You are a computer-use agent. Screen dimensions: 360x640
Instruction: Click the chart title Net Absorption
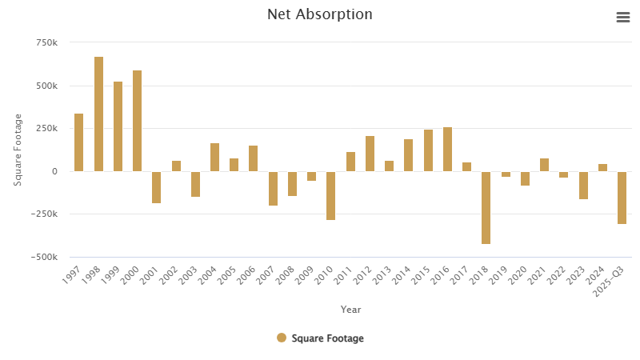coord(319,14)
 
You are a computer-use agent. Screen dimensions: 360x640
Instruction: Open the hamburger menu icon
coord(622,18)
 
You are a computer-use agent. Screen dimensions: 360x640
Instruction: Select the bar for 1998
coord(98,114)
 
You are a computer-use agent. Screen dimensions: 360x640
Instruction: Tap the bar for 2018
coord(486,207)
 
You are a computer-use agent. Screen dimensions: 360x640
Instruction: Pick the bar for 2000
coord(137,121)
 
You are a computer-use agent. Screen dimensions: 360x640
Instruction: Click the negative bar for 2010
coord(330,195)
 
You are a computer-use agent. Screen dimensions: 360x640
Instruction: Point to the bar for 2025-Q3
coord(622,198)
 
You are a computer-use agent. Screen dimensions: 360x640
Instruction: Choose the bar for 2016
coord(447,149)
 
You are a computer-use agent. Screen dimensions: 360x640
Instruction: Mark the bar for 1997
coord(78,142)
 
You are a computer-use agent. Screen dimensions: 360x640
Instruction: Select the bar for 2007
coord(273,188)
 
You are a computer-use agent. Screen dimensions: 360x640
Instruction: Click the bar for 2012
coord(370,154)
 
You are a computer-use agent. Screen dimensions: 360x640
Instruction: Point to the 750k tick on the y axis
coord(46,42)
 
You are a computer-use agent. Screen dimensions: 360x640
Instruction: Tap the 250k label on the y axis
coord(46,129)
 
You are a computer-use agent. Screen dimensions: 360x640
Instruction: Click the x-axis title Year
coord(350,309)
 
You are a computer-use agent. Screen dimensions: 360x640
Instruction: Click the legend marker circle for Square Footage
coord(282,338)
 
